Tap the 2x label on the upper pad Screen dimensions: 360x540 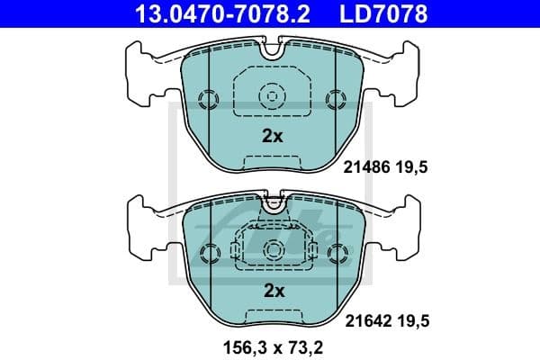pyautogui.click(x=272, y=137)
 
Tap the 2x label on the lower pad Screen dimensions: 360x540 pyautogui.click(x=272, y=290)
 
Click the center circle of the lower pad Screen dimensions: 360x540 pyautogui.click(x=272, y=247)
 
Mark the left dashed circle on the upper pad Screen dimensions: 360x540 pyautogui.click(x=207, y=98)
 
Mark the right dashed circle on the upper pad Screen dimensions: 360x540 pyautogui.click(x=337, y=98)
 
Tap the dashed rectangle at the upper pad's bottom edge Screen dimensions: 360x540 pyautogui.click(x=272, y=162)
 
